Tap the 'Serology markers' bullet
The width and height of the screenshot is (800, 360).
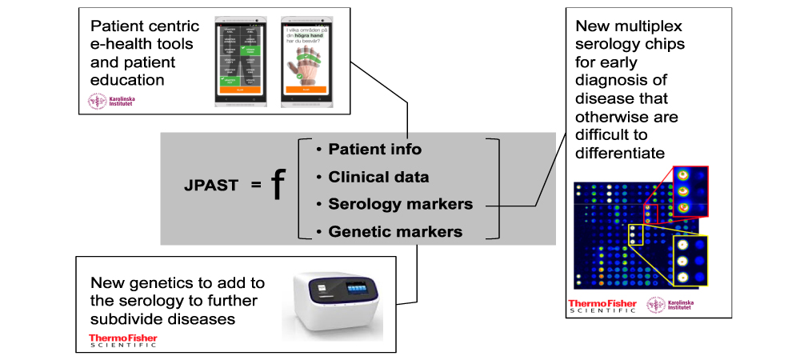pyautogui.click(x=400, y=205)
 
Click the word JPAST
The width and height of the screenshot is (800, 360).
pyautogui.click(x=209, y=186)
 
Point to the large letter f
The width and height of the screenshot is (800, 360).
pyautogui.click(x=277, y=185)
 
